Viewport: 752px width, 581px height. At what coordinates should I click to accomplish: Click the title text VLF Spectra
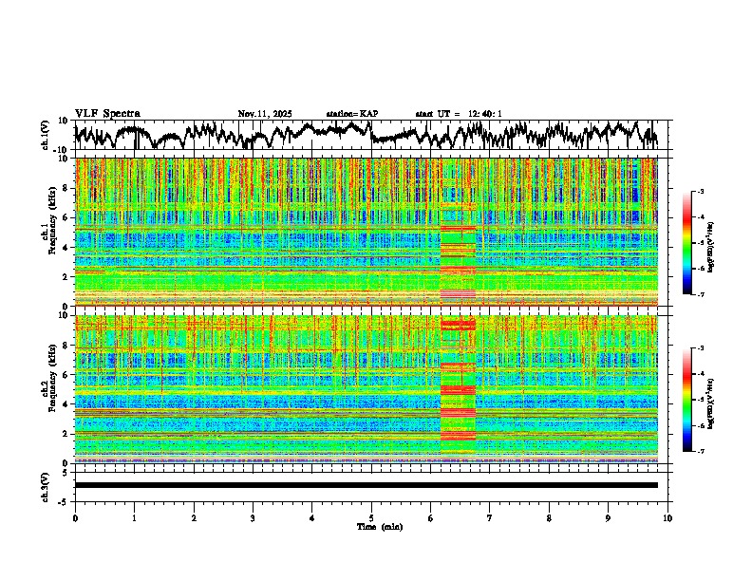[x=107, y=114]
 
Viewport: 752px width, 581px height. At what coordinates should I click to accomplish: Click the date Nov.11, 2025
[x=265, y=114]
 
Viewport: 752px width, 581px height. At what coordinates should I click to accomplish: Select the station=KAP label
[x=351, y=114]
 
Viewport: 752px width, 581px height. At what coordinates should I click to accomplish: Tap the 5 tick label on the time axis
[x=371, y=517]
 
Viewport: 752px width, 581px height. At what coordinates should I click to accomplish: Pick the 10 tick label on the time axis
[x=667, y=517]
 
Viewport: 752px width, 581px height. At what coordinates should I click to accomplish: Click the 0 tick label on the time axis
[x=75, y=517]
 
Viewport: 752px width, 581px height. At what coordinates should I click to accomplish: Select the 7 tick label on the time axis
[x=490, y=517]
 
